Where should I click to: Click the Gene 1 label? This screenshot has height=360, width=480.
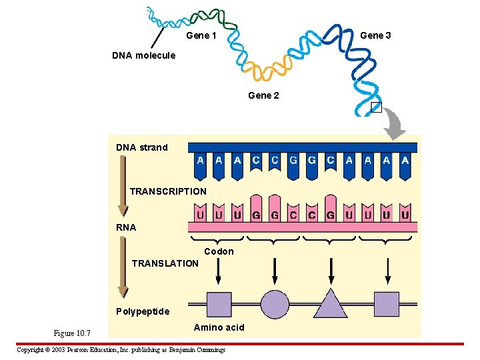[x=201, y=35]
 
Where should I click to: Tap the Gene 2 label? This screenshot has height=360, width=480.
[x=263, y=95]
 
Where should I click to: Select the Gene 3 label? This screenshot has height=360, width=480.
[x=375, y=35]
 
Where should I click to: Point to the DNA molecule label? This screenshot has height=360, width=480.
[x=143, y=55]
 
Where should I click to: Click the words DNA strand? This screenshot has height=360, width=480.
[x=142, y=147]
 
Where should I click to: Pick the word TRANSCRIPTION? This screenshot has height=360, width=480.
[x=168, y=191]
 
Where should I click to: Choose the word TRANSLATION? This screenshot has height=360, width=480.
[x=165, y=263]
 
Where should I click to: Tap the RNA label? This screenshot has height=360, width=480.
[x=126, y=227]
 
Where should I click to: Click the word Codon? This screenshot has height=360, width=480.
[x=219, y=251]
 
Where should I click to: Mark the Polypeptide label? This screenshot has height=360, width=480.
[x=143, y=311]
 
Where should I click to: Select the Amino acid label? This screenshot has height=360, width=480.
[x=219, y=327]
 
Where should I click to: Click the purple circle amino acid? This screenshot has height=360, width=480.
[x=275, y=304]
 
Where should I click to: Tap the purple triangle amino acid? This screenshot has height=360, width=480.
[x=331, y=304]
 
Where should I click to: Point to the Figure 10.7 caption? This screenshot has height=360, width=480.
[x=72, y=333]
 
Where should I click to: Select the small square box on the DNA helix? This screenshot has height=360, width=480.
[x=376, y=107]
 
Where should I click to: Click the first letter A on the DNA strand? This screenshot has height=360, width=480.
[x=201, y=161]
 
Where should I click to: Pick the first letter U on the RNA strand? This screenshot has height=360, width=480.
[x=201, y=215]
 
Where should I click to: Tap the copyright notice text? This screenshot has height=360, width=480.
[x=121, y=350]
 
